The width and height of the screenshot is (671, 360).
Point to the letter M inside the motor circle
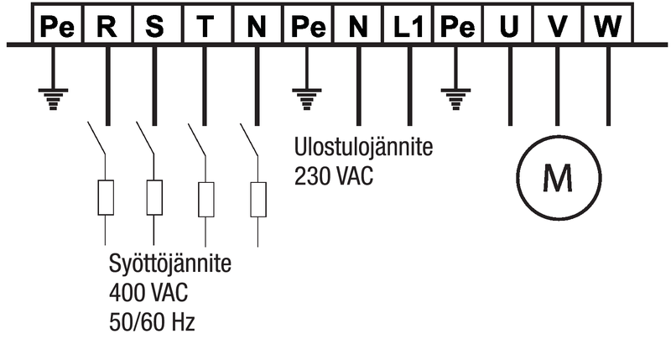(558, 176)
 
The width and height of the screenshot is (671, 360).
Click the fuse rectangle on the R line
(106, 198)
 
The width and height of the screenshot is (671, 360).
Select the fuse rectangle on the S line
(154, 198)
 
